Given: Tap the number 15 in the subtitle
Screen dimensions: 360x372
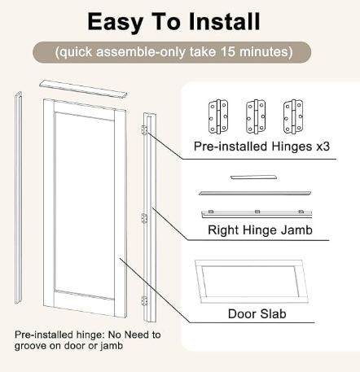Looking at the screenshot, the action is click(x=227, y=51).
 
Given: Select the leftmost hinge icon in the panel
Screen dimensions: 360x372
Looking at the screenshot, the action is click(x=218, y=116).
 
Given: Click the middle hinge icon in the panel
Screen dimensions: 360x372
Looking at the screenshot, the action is click(x=256, y=116).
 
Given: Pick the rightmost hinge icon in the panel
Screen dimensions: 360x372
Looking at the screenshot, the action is click(x=293, y=116).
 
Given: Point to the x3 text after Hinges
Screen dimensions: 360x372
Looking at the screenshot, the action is click(x=323, y=147).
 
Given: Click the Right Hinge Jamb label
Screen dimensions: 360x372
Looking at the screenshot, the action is click(x=260, y=230).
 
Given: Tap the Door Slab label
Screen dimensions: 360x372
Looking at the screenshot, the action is click(x=257, y=314).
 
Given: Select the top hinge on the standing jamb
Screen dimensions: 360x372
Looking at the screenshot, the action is click(x=144, y=130).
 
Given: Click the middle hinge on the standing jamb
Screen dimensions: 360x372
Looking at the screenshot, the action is click(x=144, y=218).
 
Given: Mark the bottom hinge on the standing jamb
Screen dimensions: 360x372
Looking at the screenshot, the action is click(x=144, y=301).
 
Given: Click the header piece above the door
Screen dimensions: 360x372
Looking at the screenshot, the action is click(x=83, y=88).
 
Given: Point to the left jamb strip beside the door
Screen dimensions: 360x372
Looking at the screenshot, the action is click(x=18, y=198).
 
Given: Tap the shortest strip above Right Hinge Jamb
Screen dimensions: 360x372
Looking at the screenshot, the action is click(x=253, y=177).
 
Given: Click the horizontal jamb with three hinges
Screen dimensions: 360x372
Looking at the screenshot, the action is click(x=257, y=214).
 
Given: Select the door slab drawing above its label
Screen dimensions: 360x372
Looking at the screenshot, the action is click(x=252, y=282).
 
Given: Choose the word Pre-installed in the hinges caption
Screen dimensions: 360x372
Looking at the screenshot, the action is click(x=230, y=147).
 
